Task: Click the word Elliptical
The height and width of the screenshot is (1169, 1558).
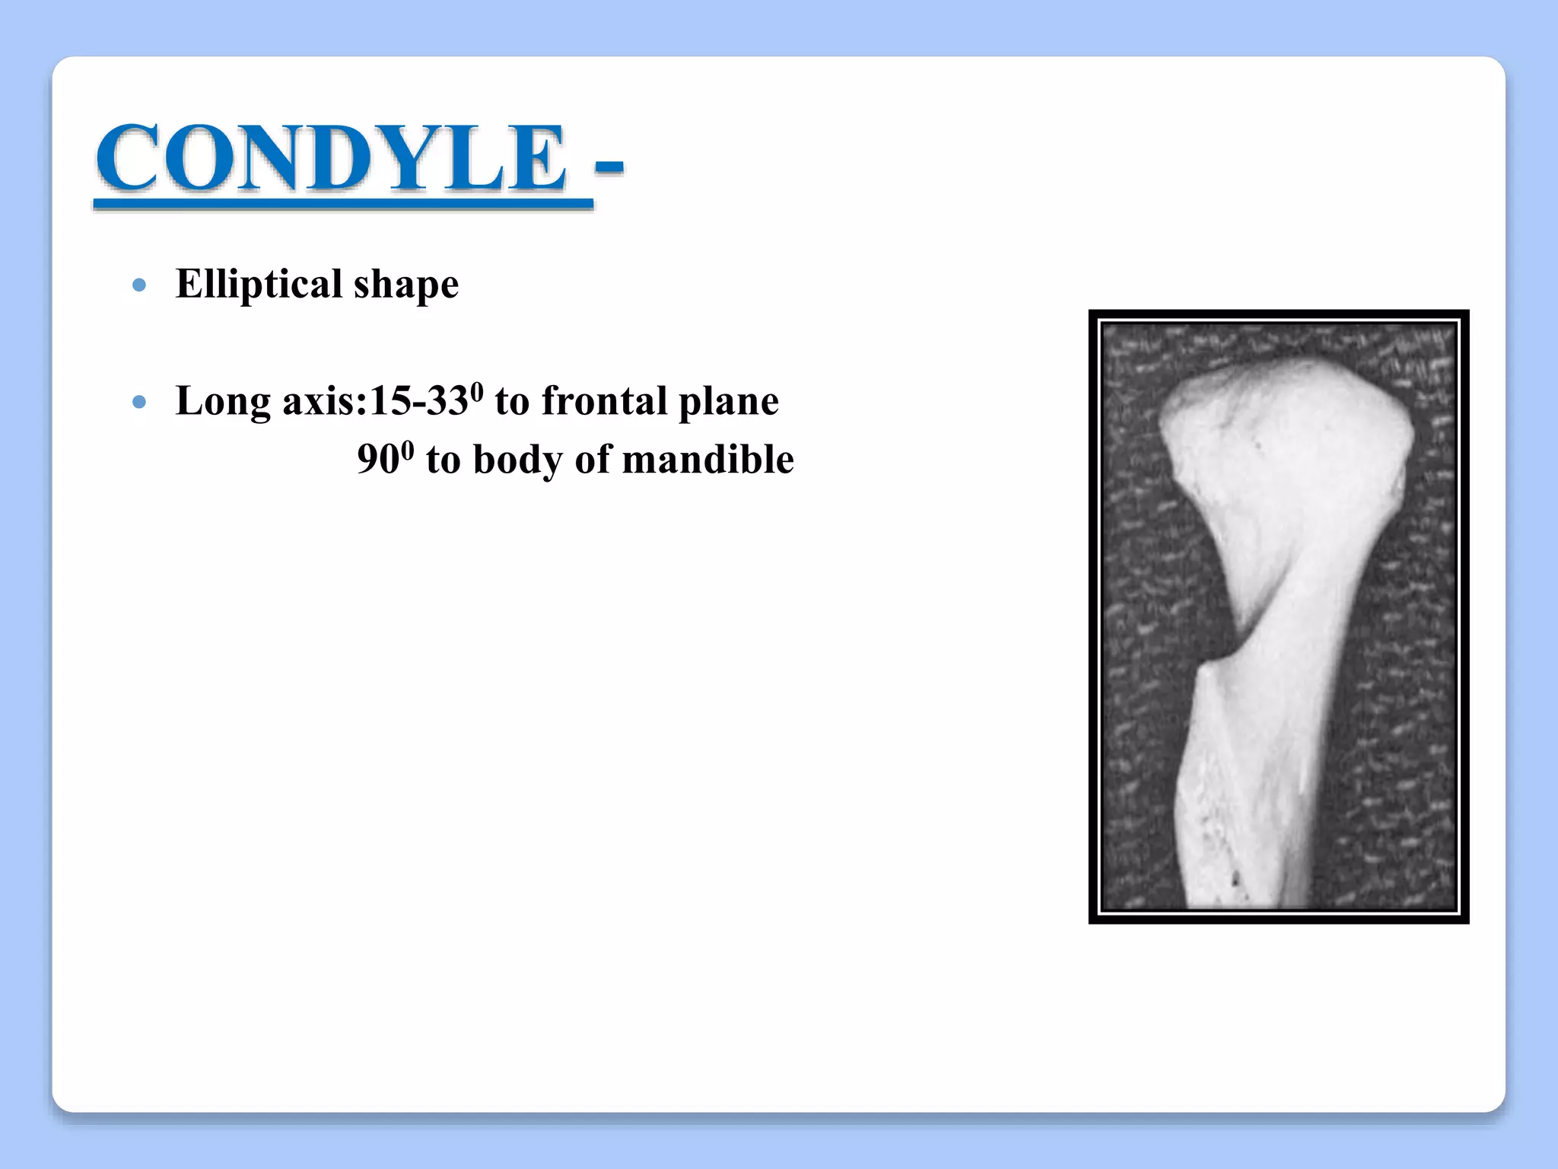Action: pyautogui.click(x=259, y=284)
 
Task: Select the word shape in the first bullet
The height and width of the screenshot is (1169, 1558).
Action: pyautogui.click(x=406, y=285)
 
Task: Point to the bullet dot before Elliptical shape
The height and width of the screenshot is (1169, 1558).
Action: pyautogui.click(x=138, y=285)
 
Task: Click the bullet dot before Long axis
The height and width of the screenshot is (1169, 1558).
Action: pyautogui.click(x=138, y=402)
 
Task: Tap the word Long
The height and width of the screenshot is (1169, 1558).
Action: pyautogui.click(x=223, y=401)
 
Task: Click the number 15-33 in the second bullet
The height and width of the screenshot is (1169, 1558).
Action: pyautogui.click(x=419, y=401)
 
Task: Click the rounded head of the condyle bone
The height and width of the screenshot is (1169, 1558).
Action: pyautogui.click(x=1286, y=426)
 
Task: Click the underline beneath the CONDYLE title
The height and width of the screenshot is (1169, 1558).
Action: pyautogui.click(x=342, y=203)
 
